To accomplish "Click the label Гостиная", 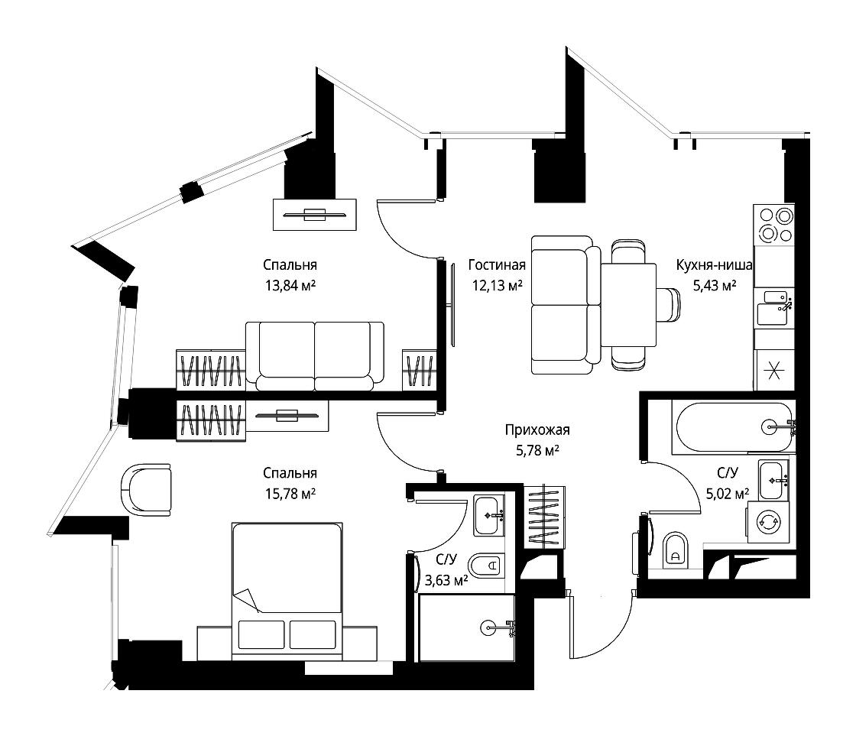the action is click(x=497, y=264).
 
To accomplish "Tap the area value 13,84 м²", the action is click(x=290, y=285).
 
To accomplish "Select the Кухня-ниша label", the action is click(x=714, y=264).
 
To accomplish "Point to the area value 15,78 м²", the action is click(x=290, y=494).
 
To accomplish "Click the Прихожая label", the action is click(x=537, y=430).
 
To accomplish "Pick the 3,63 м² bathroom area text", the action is click(x=446, y=580).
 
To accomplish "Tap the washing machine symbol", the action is click(x=768, y=523).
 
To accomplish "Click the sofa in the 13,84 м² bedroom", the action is click(x=314, y=356).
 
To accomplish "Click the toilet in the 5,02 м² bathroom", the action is click(x=676, y=550).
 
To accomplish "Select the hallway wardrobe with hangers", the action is click(x=543, y=517).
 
